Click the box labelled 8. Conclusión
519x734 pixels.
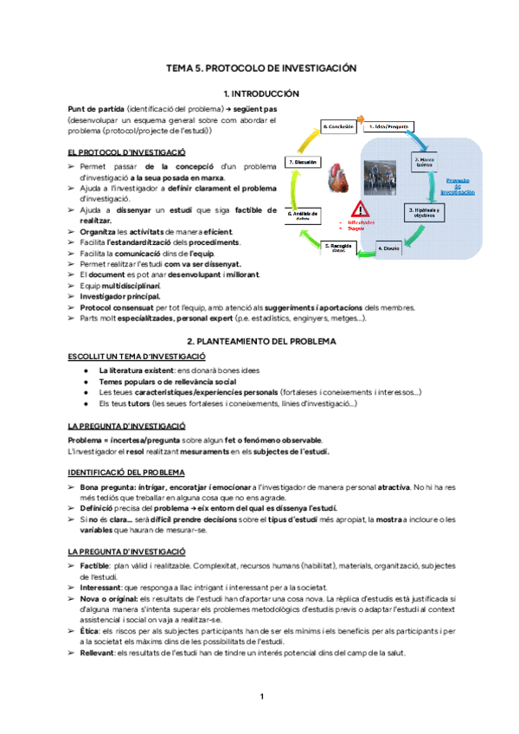pos(339,126)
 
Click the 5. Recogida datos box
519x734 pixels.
pos(338,248)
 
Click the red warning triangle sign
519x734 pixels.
pos(362,209)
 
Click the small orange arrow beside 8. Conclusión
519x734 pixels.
pos(362,121)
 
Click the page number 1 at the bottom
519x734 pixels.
pos(260,696)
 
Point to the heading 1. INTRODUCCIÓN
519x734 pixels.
pos(260,93)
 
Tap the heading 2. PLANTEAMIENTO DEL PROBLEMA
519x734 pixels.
pos(260,341)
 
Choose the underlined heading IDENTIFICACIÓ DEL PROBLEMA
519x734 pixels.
pos(125,472)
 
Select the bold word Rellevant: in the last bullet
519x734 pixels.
pos(97,653)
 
